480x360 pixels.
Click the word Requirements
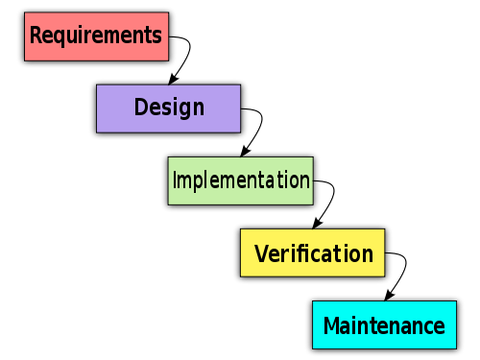[x=95, y=36]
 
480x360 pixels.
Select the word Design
[x=169, y=108]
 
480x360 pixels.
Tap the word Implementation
[x=240, y=180]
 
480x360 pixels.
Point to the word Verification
[x=313, y=254]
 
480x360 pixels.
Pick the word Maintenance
[x=384, y=325]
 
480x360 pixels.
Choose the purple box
[x=115, y=120]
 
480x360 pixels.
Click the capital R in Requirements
[x=36, y=36]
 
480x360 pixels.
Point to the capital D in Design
[x=141, y=107]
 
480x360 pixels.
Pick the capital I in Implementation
[x=174, y=180]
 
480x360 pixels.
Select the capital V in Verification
[x=261, y=254]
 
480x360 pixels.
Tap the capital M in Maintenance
[x=331, y=325]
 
